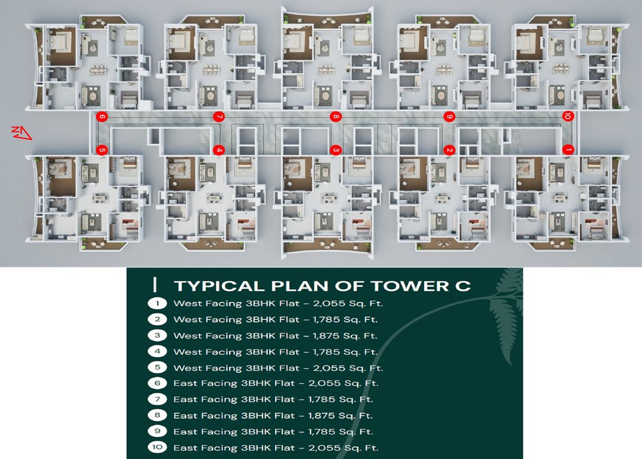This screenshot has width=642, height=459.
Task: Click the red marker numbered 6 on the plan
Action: tap(102, 117)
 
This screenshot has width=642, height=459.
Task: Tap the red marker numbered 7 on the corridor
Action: tap(218, 117)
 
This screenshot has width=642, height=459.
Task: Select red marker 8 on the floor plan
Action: tap(336, 117)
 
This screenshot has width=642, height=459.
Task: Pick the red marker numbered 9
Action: tap(449, 117)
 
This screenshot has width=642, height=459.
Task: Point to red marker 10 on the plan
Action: tap(567, 116)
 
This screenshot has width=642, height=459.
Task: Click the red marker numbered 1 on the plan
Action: tap(567, 150)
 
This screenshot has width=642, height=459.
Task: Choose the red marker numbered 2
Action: tap(449, 150)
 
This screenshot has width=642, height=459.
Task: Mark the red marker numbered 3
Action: tap(336, 150)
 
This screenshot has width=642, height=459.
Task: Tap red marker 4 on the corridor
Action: tap(218, 150)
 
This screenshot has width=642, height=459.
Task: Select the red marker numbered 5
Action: tap(102, 150)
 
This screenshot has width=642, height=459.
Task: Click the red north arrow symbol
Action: tap(21, 133)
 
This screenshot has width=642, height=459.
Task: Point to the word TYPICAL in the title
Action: tap(219, 286)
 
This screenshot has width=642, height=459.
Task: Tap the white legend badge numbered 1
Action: tap(157, 304)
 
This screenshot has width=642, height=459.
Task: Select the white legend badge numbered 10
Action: tap(157, 447)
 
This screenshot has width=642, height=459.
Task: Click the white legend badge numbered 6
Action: tap(157, 383)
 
